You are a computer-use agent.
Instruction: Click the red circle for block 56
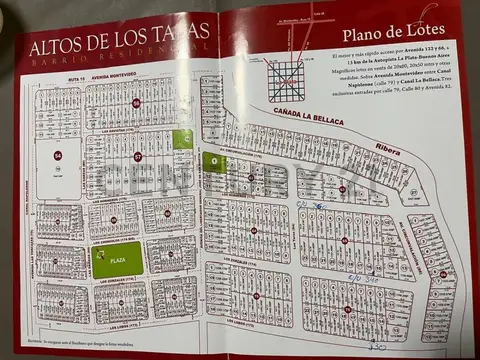point(137,103)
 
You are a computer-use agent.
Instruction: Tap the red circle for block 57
point(138,156)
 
